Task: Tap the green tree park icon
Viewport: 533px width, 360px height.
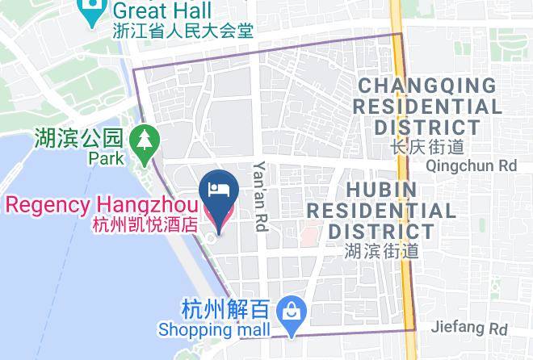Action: [144, 139]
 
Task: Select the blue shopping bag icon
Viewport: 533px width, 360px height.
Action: [287, 309]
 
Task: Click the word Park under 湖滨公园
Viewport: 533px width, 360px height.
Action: [107, 158]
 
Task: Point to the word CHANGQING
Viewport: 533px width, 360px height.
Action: [427, 86]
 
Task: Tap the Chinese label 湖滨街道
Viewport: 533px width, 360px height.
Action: [381, 251]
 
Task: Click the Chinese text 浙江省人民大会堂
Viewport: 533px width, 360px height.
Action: [183, 31]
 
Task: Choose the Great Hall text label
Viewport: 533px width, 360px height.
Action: [162, 10]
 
